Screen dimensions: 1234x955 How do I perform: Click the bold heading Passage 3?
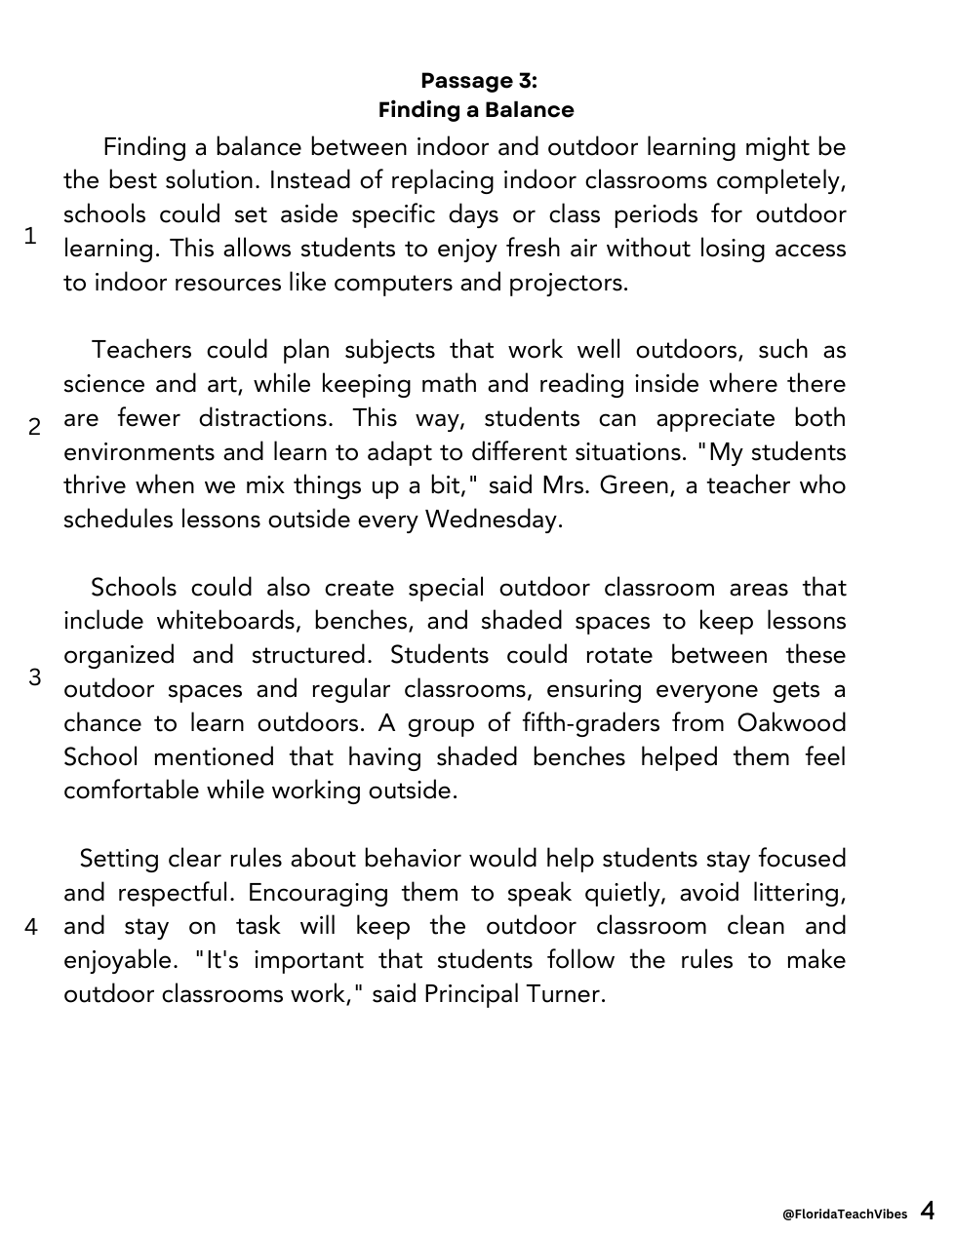478,80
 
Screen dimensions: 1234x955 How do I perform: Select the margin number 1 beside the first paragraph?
30,236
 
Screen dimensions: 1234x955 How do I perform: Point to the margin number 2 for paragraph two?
34,427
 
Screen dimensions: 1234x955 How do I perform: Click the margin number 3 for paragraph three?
35,676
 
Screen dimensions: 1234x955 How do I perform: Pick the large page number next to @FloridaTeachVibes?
927,1211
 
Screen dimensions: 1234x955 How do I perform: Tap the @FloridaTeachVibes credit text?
844,1214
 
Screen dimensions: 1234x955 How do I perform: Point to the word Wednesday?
494,520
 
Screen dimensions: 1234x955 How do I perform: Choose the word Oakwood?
791,723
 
